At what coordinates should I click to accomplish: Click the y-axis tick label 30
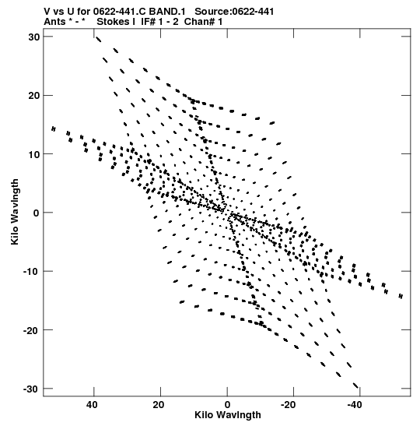(34, 37)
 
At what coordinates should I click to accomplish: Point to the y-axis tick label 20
(34, 96)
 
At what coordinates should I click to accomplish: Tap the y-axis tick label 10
(34, 154)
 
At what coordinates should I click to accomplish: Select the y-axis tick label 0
(37, 213)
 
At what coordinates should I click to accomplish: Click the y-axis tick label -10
(32, 272)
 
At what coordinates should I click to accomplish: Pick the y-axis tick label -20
(32, 330)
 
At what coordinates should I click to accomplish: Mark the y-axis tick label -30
(32, 389)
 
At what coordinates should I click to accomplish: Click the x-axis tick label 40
(92, 405)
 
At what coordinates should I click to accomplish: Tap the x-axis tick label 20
(159, 405)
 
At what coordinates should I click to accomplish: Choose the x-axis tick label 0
(227, 405)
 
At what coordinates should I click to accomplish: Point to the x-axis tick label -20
(288, 405)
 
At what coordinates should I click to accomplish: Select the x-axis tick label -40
(355, 405)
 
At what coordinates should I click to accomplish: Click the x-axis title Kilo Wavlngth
(228, 415)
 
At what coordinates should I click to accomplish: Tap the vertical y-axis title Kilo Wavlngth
(15, 212)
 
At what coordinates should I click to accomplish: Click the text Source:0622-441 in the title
(234, 12)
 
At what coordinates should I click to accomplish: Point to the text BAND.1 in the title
(167, 12)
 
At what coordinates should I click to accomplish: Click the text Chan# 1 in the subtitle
(203, 22)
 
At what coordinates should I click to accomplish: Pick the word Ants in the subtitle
(54, 22)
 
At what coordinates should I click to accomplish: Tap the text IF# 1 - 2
(159, 22)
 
